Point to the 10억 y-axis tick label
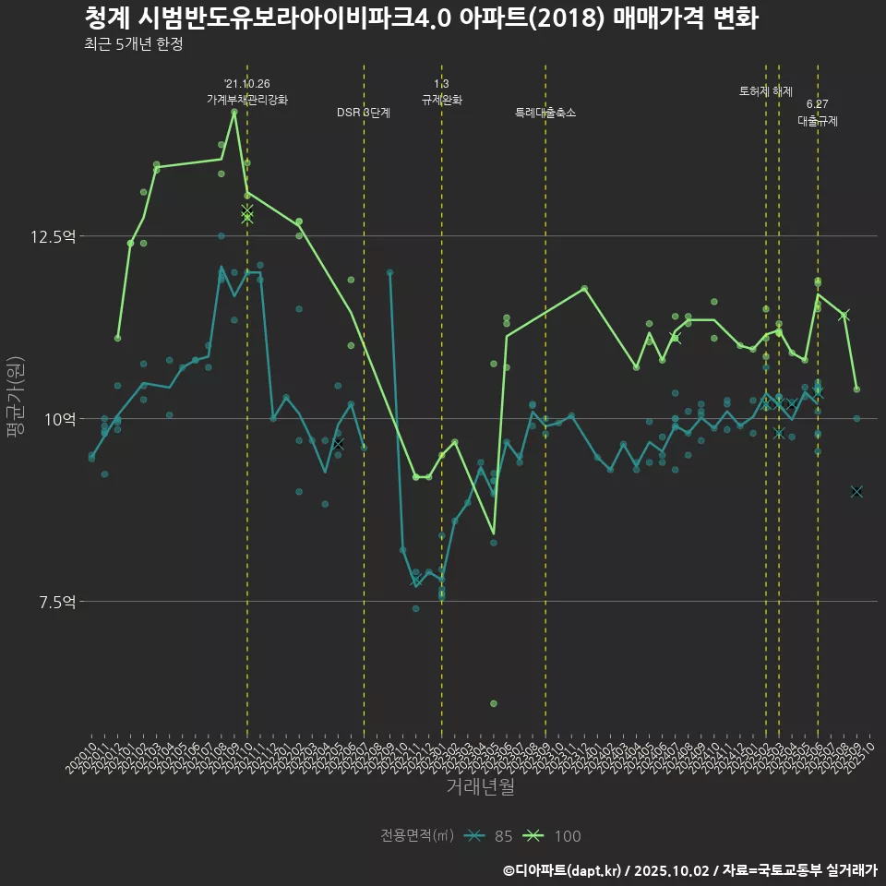pos(60,419)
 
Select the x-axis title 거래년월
pos(480,786)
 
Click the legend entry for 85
pos(489,836)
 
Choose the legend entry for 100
pos(554,836)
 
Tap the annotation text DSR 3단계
pos(364,113)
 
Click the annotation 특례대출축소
pos(545,113)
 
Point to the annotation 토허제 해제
pos(766,91)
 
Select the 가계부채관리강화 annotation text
pos(247,100)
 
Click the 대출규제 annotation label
pos(818,121)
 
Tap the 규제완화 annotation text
pos(442,100)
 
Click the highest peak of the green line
pos(234,112)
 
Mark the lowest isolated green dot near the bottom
pos(494,703)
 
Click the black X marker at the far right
pos(856,491)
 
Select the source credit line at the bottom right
pos(689,869)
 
